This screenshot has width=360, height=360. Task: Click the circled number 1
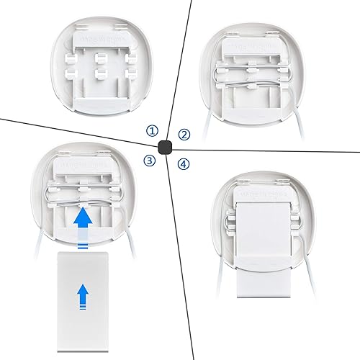click(151, 130)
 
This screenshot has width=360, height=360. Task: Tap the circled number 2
click(184, 134)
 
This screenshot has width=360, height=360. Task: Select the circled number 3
click(149, 161)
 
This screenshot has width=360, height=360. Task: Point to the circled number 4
click(184, 164)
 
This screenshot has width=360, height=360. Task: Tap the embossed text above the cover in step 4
click(261, 194)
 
